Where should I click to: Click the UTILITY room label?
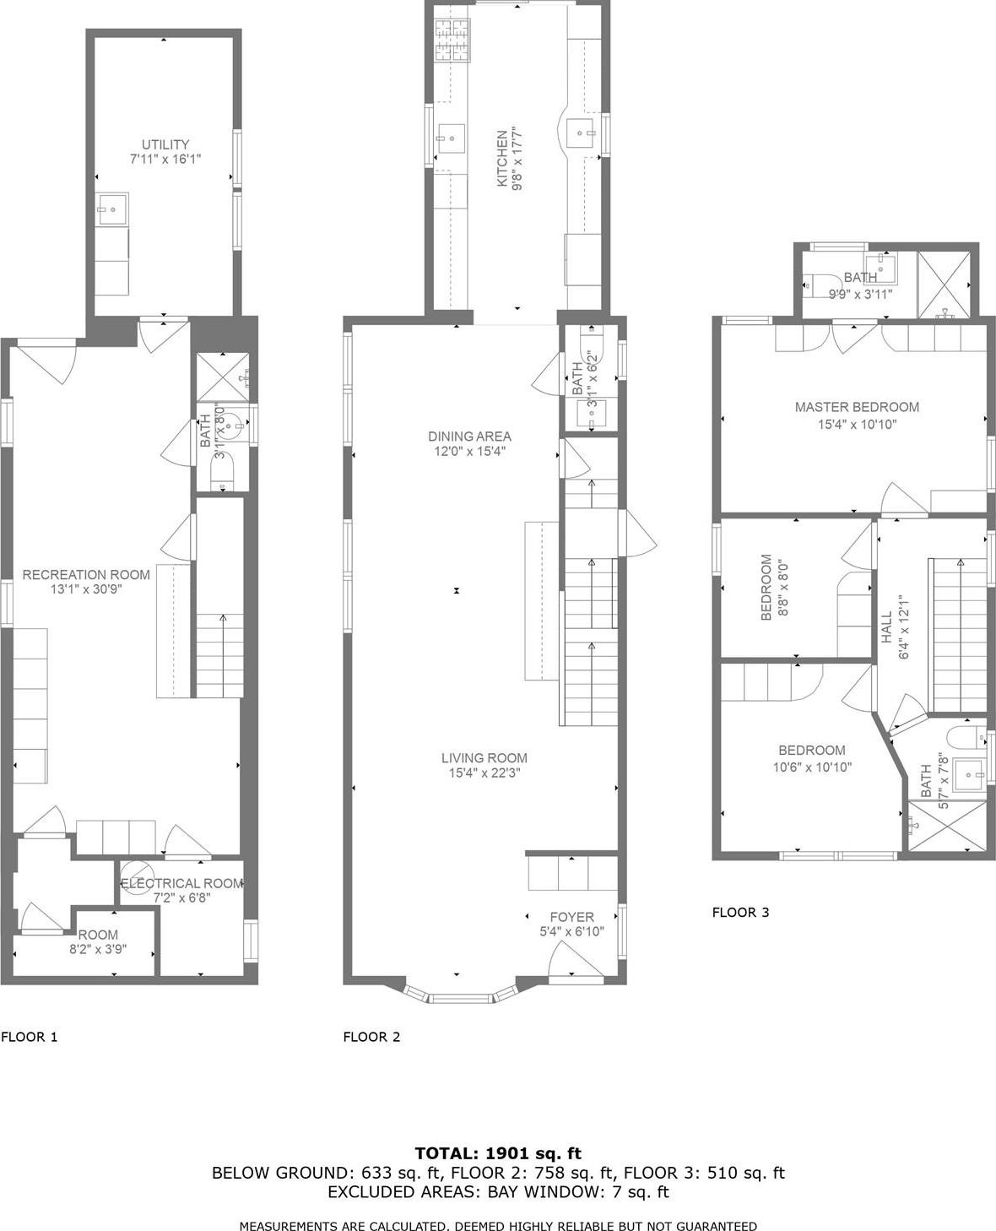165,144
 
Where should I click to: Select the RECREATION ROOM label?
86,575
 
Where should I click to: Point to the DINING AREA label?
469,437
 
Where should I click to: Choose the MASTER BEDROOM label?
857,407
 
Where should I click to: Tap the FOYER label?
571,917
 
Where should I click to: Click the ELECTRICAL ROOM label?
181,883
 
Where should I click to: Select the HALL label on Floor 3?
886,628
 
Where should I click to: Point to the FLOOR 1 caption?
30,1037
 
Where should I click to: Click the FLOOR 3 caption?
740,912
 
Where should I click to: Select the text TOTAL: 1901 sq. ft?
498,1153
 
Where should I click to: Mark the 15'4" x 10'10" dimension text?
857,425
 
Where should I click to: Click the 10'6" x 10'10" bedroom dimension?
812,767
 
